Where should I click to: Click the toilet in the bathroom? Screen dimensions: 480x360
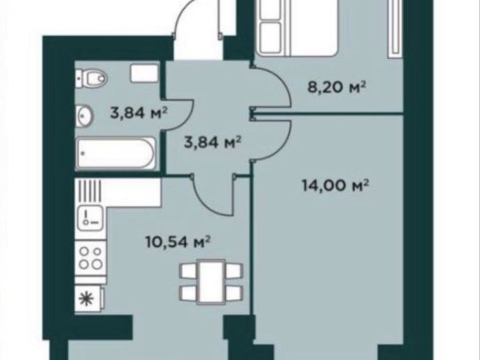tap(92, 78)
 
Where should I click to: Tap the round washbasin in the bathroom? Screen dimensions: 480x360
tap(84, 116)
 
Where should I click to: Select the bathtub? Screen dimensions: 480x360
tap(116, 153)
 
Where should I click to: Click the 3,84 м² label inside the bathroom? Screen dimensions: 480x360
tap(139, 113)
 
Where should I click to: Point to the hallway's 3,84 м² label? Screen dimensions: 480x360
tap(213, 141)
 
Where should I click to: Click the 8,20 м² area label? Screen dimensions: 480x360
tap(337, 87)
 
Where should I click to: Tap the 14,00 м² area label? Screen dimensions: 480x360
tap(335, 185)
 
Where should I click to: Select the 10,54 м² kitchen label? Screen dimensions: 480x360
tap(178, 242)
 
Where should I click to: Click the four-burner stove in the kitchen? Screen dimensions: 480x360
tap(91, 258)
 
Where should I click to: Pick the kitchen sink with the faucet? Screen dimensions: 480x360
tap(90, 218)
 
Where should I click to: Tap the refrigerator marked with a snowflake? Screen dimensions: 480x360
tap(89, 298)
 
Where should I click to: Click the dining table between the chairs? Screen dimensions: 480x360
tap(211, 282)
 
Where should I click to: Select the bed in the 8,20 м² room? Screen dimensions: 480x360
tap(299, 28)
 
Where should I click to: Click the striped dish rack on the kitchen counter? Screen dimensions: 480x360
tap(89, 190)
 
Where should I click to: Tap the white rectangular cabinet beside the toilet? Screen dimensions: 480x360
tap(145, 73)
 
